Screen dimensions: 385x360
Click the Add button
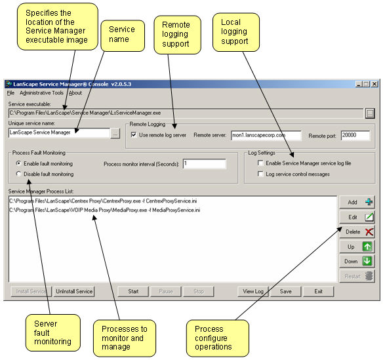pos(357,202)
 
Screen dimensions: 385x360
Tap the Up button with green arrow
pos(357,247)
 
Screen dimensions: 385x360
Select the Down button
pos(357,261)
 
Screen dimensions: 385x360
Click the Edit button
pos(357,217)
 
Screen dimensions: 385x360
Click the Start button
pos(133,291)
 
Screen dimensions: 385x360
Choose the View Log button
pos(253,291)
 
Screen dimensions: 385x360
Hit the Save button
pos(285,291)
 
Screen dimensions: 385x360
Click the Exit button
pos(319,291)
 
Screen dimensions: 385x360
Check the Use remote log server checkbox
pos(134,135)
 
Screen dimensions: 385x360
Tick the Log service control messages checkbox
pos(260,174)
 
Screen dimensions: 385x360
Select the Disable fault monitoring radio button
pos(18,174)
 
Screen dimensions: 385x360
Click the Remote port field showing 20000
pos(355,135)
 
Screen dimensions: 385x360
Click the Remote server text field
pos(266,135)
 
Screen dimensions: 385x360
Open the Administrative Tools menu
pos(41,93)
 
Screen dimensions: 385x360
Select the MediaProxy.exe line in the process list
pos(104,210)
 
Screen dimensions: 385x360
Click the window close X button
pos(375,84)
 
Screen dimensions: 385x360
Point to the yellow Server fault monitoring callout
pos(52,332)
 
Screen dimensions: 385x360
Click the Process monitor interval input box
pos(204,164)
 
